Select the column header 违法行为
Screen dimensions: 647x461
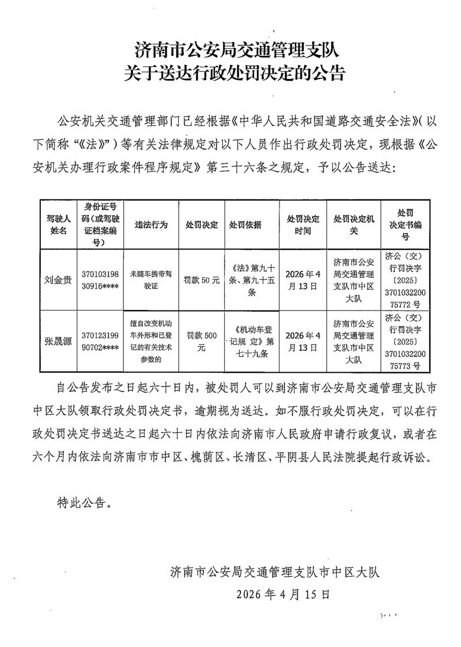pyautogui.click(x=150, y=225)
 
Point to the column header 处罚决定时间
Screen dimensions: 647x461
pyautogui.click(x=303, y=225)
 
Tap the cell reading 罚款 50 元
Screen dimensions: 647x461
pyautogui.click(x=201, y=281)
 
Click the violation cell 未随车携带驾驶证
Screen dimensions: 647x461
pyautogui.click(x=150, y=281)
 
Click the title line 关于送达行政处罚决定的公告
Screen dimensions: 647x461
pyautogui.click(x=235, y=73)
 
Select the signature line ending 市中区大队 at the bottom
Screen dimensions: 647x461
pyautogui.click(x=275, y=572)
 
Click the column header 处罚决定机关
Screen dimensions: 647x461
pyautogui.click(x=353, y=225)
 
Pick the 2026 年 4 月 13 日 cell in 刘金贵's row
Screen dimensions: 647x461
pyautogui.click(x=303, y=281)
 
